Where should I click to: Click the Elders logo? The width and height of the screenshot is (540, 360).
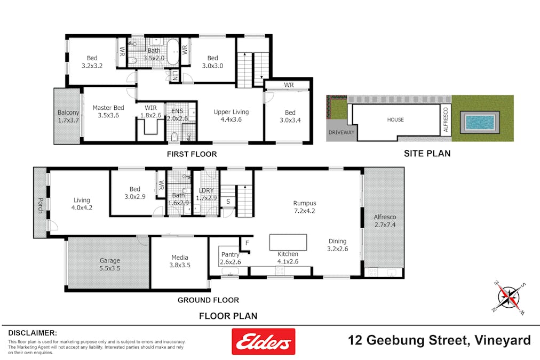pos(263,341)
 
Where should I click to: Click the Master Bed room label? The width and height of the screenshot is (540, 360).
pos(108,111)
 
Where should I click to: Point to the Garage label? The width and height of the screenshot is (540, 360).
pos(109,265)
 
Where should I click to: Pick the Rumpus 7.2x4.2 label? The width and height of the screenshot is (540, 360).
pos(305,206)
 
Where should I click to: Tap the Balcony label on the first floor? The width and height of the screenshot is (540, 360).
pos(68,116)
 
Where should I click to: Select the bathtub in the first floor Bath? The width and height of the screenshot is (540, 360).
pos(172,54)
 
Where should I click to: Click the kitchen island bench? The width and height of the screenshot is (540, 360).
pos(288,242)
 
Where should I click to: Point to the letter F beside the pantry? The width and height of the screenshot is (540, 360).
pos(247,243)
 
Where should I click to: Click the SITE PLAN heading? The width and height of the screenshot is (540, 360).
pos(426,154)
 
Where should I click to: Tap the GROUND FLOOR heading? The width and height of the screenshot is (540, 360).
pos(208,300)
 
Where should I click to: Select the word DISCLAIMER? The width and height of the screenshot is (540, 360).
pos(32,332)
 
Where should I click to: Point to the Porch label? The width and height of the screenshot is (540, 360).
pos(40,205)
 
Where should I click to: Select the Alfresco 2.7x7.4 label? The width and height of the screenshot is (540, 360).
pos(384,221)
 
